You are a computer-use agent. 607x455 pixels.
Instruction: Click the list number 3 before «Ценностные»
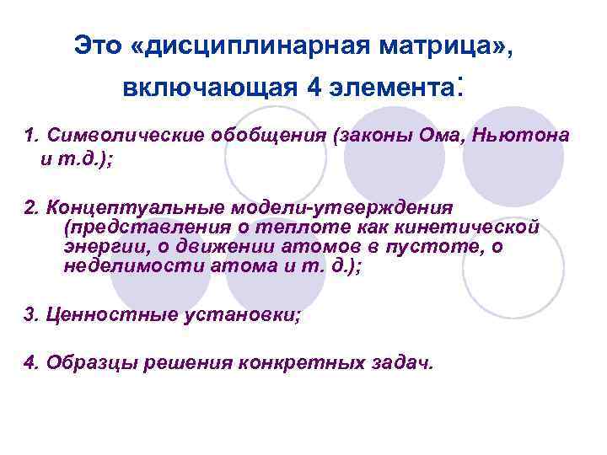(x=30, y=315)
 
